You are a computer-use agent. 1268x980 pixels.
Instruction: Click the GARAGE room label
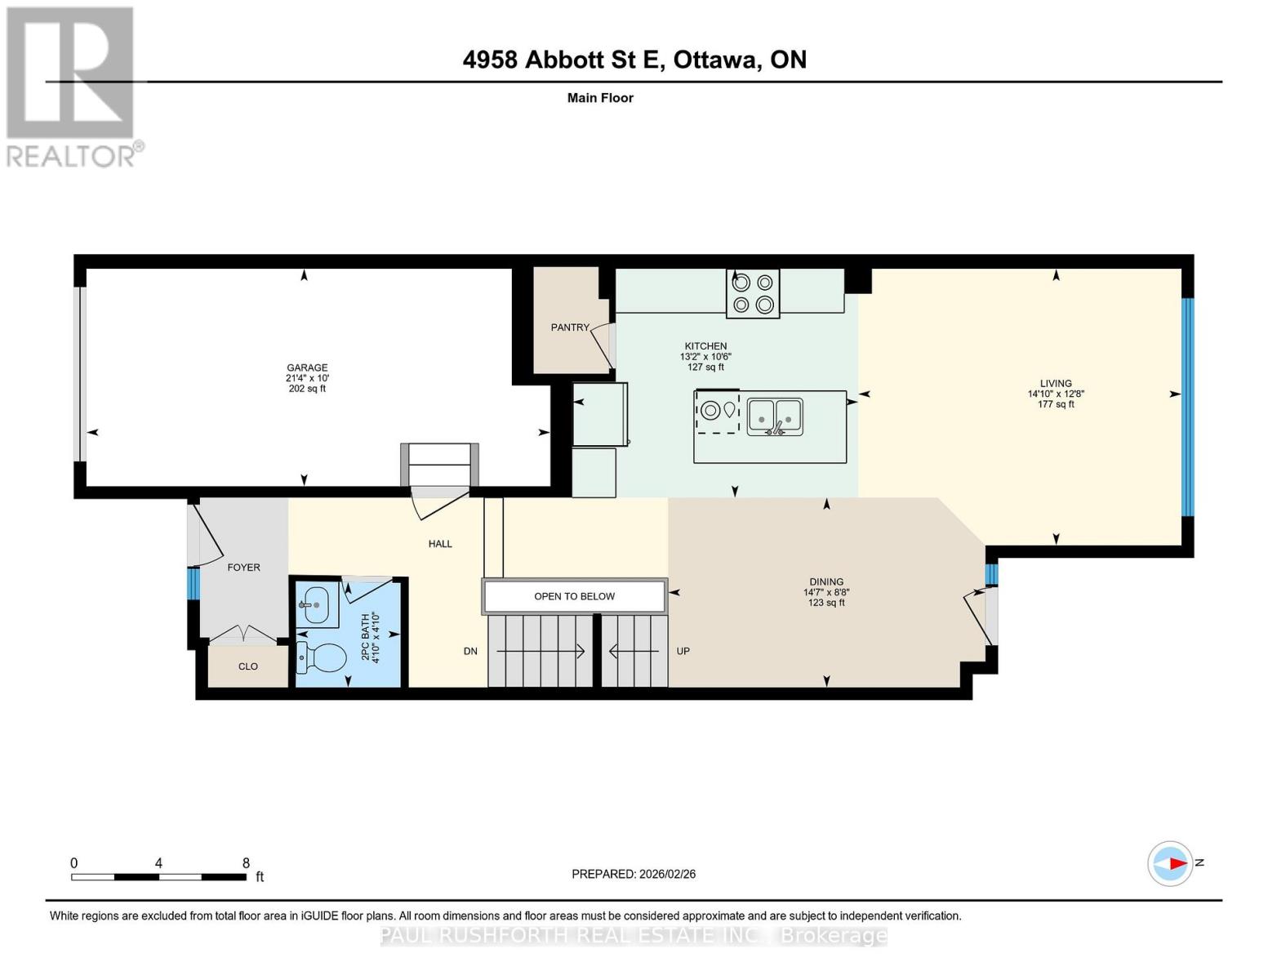(307, 367)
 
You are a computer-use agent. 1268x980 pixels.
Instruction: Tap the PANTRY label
(569, 327)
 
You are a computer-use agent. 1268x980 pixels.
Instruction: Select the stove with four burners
(753, 293)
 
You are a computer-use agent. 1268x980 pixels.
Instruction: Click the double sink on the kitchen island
(775, 416)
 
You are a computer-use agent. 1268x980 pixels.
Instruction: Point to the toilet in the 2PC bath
(321, 657)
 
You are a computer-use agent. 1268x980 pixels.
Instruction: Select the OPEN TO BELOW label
(574, 596)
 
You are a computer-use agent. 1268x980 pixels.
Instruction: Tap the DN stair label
(470, 651)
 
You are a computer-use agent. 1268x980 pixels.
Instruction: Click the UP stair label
(683, 651)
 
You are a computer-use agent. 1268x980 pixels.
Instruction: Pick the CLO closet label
(248, 666)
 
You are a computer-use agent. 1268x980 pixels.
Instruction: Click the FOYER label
(243, 567)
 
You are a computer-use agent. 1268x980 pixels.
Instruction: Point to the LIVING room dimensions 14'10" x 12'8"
(1056, 394)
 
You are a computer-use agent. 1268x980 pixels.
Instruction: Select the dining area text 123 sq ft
(826, 603)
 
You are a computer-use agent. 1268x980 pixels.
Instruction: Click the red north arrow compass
(1171, 863)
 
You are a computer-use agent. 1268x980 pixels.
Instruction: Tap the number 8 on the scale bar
(246, 863)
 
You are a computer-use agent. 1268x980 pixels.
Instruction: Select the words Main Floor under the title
(600, 98)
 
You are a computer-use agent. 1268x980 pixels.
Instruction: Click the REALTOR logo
(72, 87)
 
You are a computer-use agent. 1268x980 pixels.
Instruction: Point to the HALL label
(440, 544)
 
